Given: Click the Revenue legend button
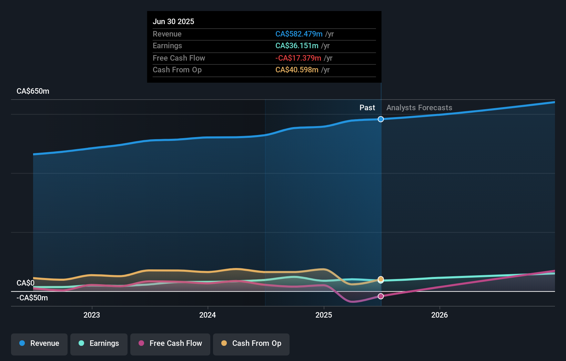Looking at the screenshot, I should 39,343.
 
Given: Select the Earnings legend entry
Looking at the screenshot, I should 99,343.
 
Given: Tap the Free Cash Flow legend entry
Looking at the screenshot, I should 170,343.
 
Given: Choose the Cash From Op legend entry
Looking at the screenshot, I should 251,343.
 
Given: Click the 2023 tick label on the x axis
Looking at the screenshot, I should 92,315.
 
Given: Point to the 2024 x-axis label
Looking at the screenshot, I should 208,315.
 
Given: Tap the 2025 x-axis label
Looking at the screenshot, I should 324,315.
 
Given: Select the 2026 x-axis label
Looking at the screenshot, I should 439,315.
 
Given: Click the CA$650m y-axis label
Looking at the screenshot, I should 33,91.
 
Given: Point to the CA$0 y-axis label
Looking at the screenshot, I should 26,283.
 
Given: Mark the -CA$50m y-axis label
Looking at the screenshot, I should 32,298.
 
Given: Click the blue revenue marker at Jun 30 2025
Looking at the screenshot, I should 381,119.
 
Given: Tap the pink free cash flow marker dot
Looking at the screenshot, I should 381,296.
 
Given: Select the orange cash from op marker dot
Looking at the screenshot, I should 381,279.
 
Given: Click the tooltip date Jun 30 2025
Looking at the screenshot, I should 173,21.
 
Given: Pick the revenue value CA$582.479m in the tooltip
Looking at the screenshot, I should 299,34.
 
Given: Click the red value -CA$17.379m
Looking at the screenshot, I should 298,58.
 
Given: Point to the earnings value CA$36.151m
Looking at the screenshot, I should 297,46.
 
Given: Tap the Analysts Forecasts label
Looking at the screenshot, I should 419,108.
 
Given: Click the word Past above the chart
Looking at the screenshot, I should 367,108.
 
